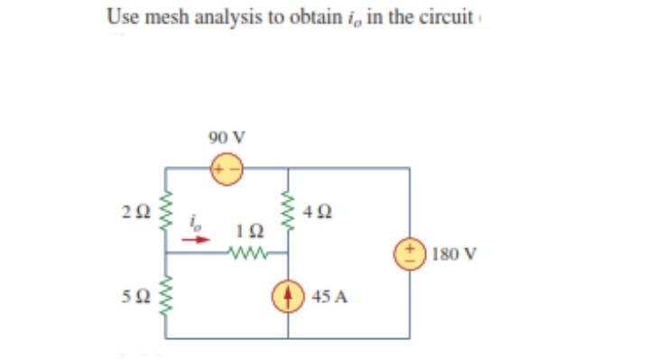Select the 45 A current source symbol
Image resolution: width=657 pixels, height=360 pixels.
(x=289, y=296)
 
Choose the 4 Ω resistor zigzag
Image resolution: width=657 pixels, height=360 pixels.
(x=289, y=212)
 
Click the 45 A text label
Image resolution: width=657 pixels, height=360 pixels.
(x=328, y=296)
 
